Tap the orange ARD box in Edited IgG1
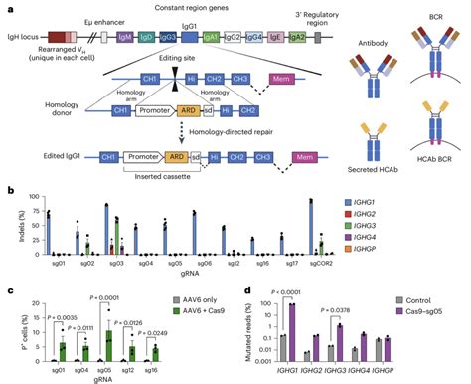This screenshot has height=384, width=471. coord(178,156)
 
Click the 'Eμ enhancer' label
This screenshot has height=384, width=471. coord(112,18)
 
